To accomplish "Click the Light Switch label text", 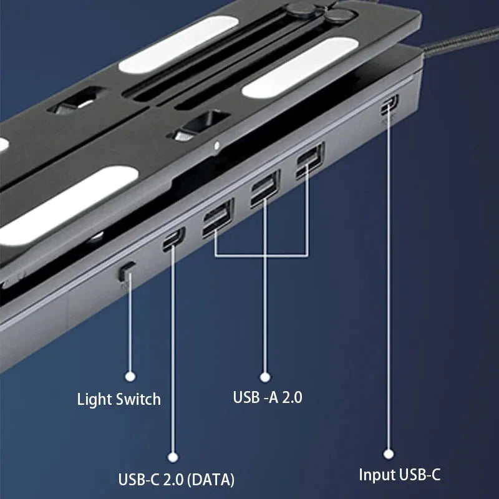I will [119, 399].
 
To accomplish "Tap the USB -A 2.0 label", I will [267, 397].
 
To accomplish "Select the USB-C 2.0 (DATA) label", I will [176, 480].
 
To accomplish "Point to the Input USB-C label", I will [400, 475].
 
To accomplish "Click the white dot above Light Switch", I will [130, 376].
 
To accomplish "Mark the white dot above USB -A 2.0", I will [264, 377].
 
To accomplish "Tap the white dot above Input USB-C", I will [389, 454].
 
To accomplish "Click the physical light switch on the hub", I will [127, 270].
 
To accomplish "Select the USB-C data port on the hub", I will [172, 239].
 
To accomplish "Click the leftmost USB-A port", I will [216, 218].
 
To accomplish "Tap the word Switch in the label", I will [141, 399].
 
